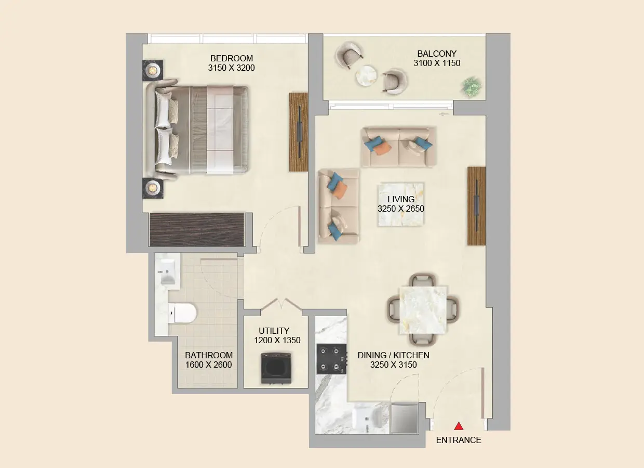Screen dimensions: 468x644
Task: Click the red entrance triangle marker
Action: (x=459, y=426)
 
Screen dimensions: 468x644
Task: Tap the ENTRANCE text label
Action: (x=458, y=440)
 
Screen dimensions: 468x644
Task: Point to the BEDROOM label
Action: (x=231, y=58)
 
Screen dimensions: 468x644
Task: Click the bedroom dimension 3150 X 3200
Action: (x=231, y=68)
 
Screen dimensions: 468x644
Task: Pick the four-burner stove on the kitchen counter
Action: (x=331, y=359)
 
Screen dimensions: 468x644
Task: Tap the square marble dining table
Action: (x=423, y=310)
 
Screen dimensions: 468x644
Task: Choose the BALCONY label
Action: (x=437, y=54)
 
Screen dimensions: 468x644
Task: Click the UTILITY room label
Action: (x=274, y=331)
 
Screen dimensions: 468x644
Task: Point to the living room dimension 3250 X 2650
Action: (x=401, y=209)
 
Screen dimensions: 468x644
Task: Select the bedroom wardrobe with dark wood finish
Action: (x=197, y=229)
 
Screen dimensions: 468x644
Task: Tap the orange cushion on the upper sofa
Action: (x=382, y=148)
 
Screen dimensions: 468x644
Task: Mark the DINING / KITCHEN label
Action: (x=393, y=355)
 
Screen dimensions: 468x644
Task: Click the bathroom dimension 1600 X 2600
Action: (x=208, y=365)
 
